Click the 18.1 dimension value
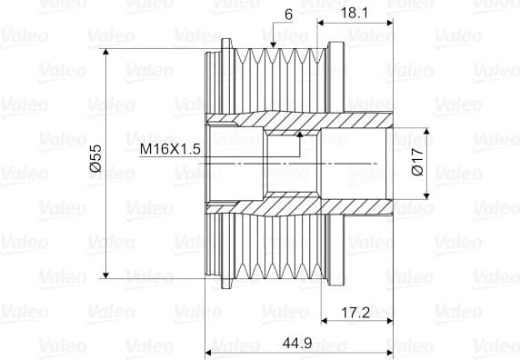(x=354, y=14)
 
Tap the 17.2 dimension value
(x=355, y=312)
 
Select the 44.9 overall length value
(x=297, y=343)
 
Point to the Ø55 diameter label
(x=95, y=158)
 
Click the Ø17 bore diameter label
(x=417, y=162)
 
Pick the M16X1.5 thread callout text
(x=170, y=149)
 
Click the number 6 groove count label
(x=288, y=15)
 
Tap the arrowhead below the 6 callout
(x=273, y=45)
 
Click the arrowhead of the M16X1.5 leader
(x=300, y=135)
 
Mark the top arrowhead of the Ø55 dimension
(x=105, y=52)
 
